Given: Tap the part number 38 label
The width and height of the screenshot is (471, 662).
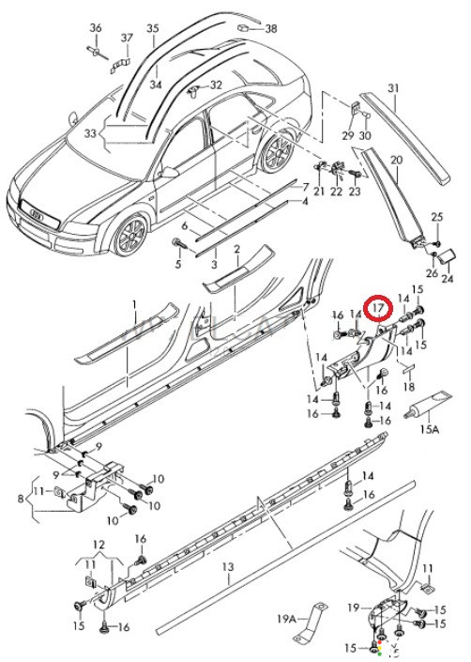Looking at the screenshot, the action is (x=271, y=28).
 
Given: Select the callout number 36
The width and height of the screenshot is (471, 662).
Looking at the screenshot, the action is (x=96, y=28).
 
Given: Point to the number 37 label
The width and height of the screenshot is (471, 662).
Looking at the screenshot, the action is (x=127, y=38).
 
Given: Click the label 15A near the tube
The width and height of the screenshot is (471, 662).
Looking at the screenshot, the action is (x=430, y=429).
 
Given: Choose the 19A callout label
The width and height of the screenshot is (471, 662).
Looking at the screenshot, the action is (x=287, y=619).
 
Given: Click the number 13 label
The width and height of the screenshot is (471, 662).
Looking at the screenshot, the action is (x=228, y=566).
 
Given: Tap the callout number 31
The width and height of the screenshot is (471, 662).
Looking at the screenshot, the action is (x=393, y=88).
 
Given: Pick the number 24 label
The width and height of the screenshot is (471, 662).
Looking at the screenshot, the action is (x=448, y=279).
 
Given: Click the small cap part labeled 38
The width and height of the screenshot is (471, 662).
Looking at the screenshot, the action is (x=243, y=28).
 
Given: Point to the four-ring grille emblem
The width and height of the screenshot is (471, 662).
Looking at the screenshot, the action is (x=38, y=215).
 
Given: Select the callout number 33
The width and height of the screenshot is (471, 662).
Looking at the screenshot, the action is (x=90, y=133).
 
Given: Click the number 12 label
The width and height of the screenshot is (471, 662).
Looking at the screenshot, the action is (x=99, y=545).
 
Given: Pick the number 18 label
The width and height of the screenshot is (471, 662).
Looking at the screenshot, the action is (x=408, y=386).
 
